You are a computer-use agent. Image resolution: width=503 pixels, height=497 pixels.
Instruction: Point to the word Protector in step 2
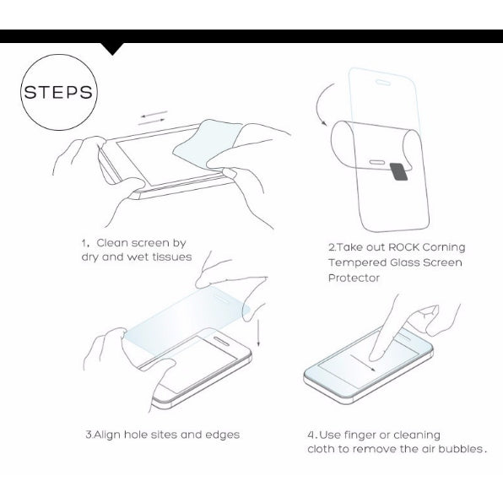pos(354,278)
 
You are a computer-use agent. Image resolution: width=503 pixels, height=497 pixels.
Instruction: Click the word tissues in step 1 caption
pos(170,257)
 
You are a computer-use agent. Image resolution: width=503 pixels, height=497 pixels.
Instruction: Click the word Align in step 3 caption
pos(107,435)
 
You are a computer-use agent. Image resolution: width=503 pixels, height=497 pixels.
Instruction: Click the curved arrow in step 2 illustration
pos(321,108)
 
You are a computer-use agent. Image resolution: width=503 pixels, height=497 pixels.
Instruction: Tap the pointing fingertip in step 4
pos(375,353)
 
